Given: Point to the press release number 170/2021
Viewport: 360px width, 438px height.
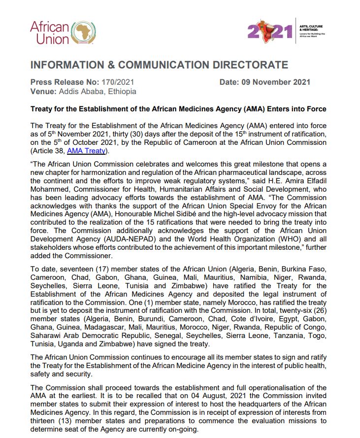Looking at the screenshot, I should [118, 82].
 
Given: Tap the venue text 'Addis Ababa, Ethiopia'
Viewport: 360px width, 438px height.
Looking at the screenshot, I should [98, 91].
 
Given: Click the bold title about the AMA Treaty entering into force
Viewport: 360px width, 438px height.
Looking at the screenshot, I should [178, 109].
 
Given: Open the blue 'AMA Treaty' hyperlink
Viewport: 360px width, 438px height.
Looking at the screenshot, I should [86, 151].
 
